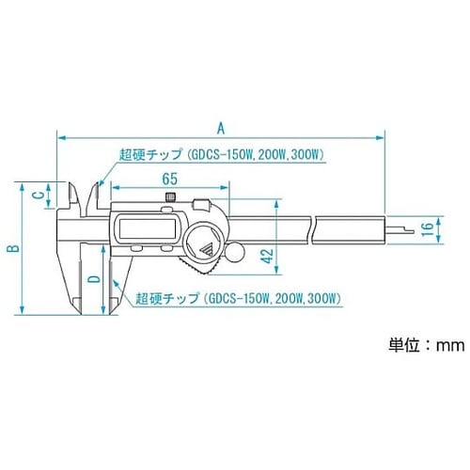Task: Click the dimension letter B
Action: pyautogui.click(x=11, y=248)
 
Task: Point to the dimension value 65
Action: pyautogui.click(x=170, y=179)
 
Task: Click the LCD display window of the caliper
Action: pyautogui.click(x=147, y=229)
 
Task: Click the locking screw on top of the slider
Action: pyautogui.click(x=169, y=196)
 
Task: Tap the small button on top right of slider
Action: pyautogui.click(x=200, y=203)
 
